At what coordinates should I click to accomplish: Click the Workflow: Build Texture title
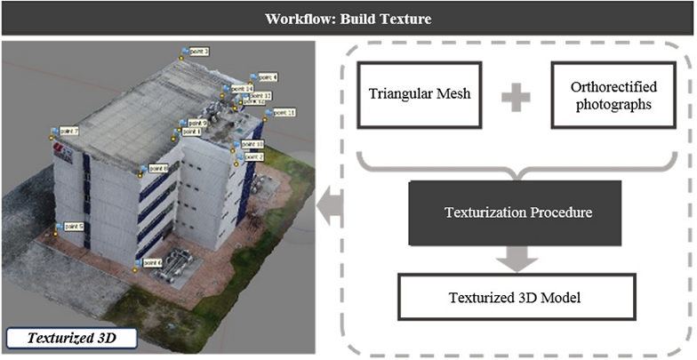click(348, 18)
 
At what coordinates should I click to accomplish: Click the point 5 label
click(72, 227)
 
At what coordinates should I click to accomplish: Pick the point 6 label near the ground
click(150, 262)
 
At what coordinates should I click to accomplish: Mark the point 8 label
click(156, 168)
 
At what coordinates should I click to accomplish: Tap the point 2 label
click(253, 156)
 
